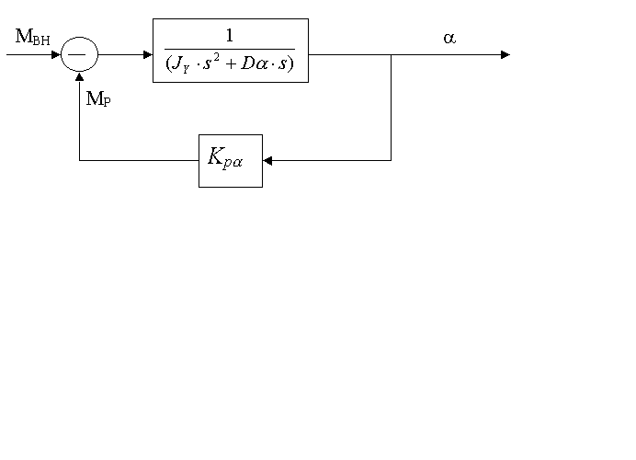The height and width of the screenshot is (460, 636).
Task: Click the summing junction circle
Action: point(79,54)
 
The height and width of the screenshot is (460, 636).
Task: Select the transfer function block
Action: point(230,51)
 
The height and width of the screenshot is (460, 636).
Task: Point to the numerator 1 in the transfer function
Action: point(230,35)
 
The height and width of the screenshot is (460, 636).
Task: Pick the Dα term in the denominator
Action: point(250,64)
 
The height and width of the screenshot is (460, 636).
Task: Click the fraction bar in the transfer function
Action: point(230,49)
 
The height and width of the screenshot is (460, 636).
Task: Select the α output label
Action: point(449,39)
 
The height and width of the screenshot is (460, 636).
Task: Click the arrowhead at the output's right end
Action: point(505,54)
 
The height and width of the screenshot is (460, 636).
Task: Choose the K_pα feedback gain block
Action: point(230,160)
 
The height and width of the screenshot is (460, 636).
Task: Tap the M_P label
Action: point(97,99)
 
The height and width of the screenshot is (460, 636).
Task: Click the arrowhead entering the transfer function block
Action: point(147,54)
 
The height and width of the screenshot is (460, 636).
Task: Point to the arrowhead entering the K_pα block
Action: point(267,160)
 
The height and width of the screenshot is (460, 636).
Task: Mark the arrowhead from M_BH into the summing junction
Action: point(55,54)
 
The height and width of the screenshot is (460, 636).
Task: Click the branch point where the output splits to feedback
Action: point(392,54)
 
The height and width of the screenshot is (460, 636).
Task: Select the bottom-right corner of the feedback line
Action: point(392,160)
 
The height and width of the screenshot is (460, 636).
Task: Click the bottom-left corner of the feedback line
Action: point(79,160)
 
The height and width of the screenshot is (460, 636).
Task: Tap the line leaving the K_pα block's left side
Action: point(138,160)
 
